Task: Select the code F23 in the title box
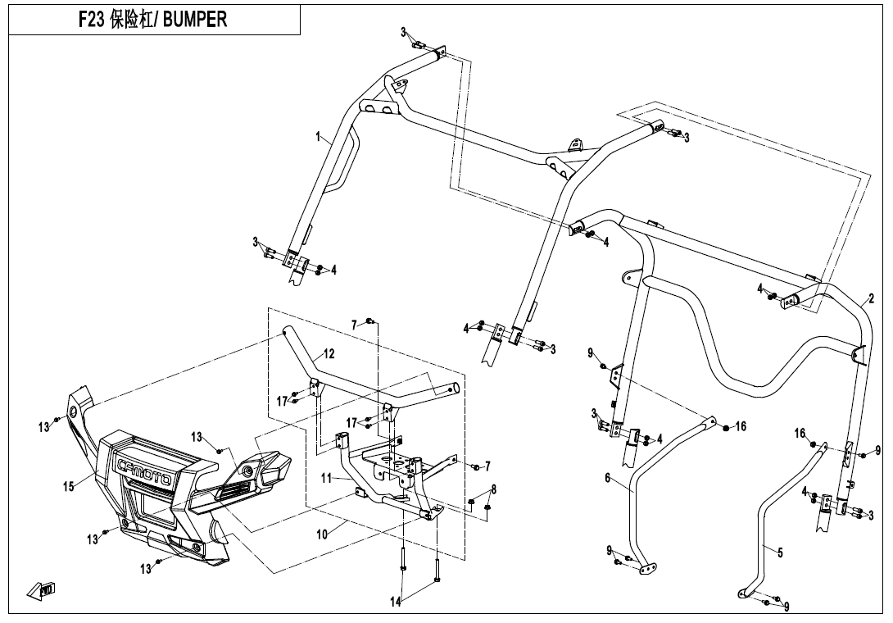point(91,20)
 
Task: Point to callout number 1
point(319,138)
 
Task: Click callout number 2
point(871,298)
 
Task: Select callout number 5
point(780,553)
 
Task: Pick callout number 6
point(608,478)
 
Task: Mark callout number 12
point(329,354)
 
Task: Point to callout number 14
point(396,603)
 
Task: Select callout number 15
point(70,486)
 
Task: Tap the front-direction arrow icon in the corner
point(41,589)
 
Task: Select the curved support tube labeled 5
point(762,525)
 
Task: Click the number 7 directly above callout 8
point(487,466)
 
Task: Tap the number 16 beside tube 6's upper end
point(741,426)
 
